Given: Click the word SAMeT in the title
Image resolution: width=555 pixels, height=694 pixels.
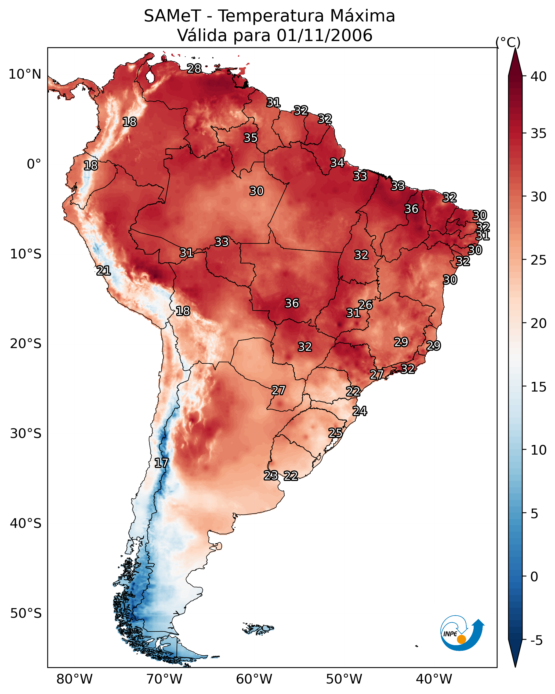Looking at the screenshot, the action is pyautogui.click(x=172, y=16).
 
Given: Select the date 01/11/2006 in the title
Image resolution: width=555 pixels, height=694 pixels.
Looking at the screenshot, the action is pyautogui.click(x=324, y=35).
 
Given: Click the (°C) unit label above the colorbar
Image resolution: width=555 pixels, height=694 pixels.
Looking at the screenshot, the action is pyautogui.click(x=508, y=42).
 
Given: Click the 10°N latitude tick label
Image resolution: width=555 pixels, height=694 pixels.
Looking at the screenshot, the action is pyautogui.click(x=25, y=74).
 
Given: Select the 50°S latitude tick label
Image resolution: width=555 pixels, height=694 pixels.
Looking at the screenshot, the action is pyautogui.click(x=26, y=613).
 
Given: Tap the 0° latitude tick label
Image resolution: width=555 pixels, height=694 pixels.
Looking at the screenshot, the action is pyautogui.click(x=34, y=164).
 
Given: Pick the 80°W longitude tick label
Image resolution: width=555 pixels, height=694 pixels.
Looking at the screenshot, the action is pyautogui.click(x=74, y=679).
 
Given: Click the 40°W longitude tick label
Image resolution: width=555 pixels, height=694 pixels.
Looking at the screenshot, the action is pyautogui.click(x=434, y=679).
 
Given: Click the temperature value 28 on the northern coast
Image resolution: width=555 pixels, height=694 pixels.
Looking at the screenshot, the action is pyautogui.click(x=194, y=68).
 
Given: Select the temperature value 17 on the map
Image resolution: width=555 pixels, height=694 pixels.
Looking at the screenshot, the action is pyautogui.click(x=161, y=463).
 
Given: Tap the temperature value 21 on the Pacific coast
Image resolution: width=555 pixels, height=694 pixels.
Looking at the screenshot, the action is pyautogui.click(x=103, y=271).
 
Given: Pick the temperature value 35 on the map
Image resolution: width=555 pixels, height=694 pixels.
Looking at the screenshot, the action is pyautogui.click(x=251, y=138).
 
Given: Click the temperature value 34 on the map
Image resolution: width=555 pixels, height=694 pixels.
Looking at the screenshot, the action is pyautogui.click(x=337, y=163).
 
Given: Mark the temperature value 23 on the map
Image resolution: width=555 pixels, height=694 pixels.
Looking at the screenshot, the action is pyautogui.click(x=271, y=475).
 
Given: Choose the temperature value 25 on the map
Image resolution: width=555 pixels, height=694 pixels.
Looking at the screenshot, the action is pyautogui.click(x=335, y=433).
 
